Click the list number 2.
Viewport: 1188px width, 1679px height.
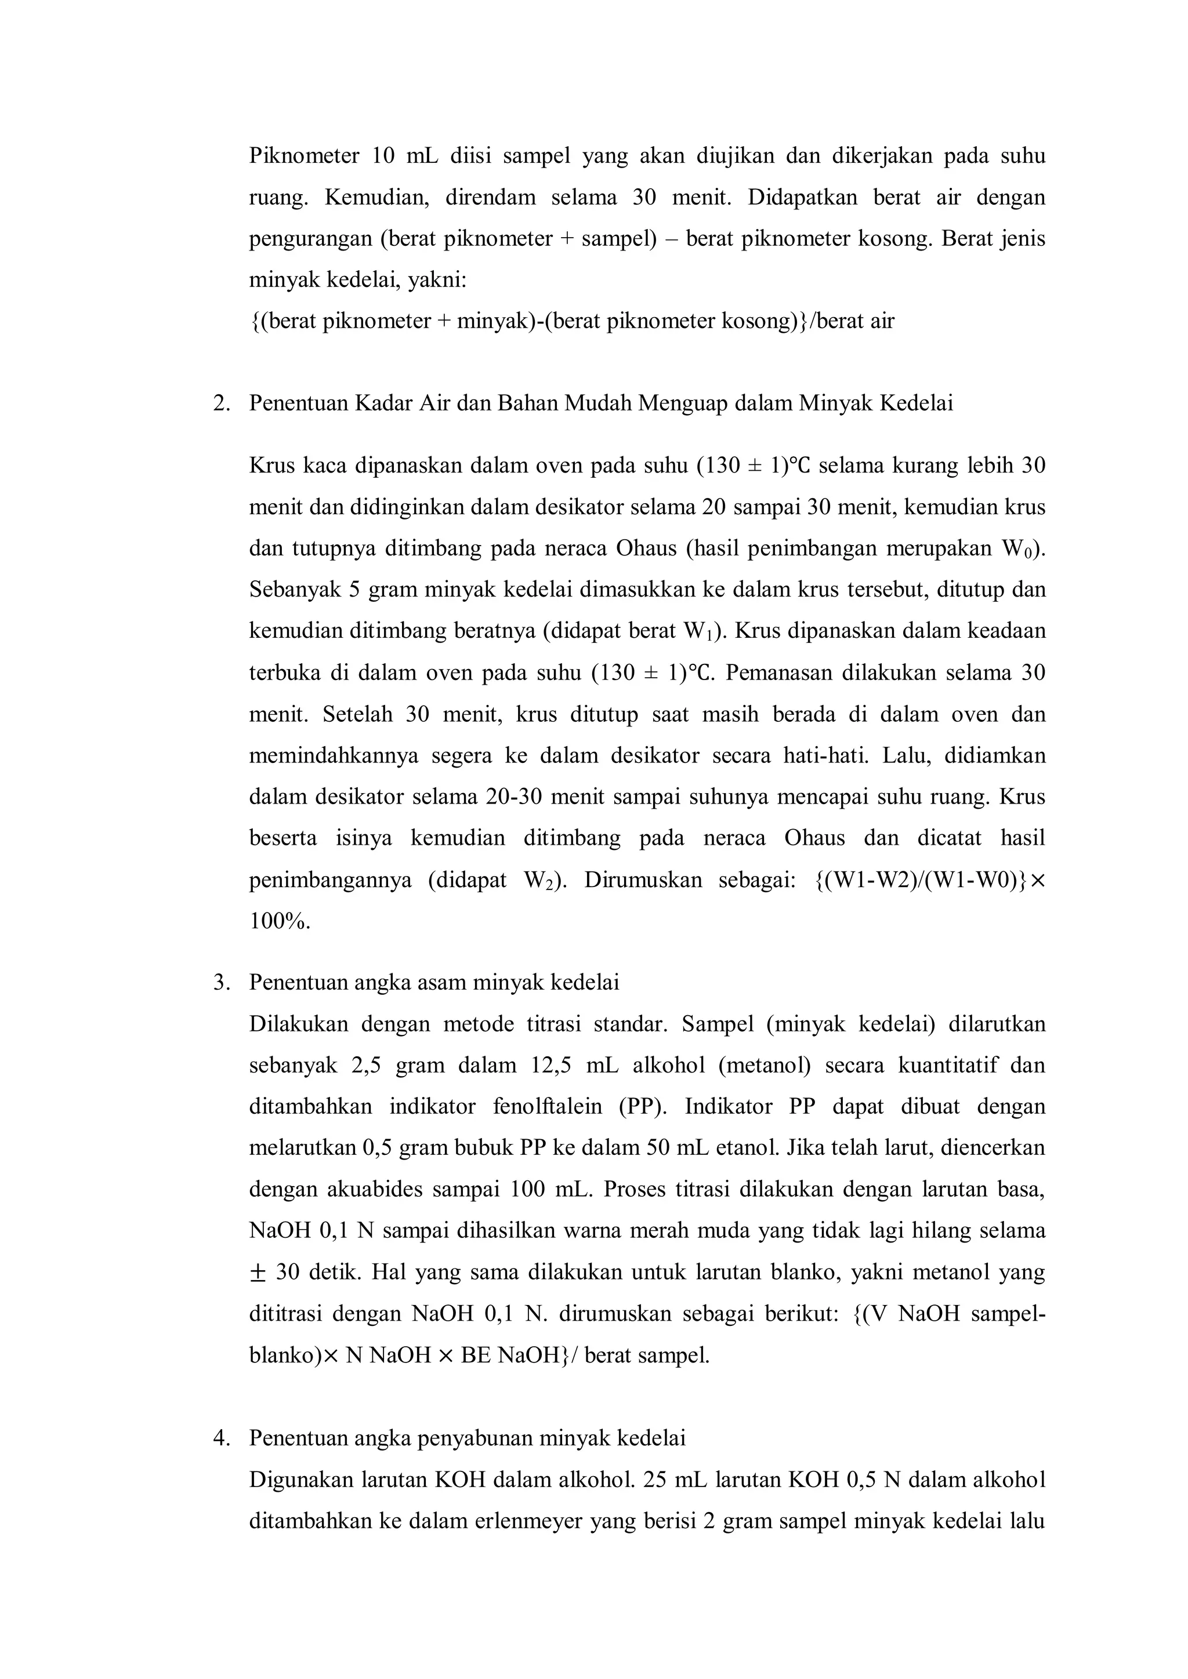click(220, 404)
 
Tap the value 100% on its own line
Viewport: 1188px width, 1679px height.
click(280, 921)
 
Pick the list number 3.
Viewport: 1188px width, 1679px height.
click(220, 983)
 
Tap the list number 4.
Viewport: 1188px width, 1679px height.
click(220, 1438)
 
